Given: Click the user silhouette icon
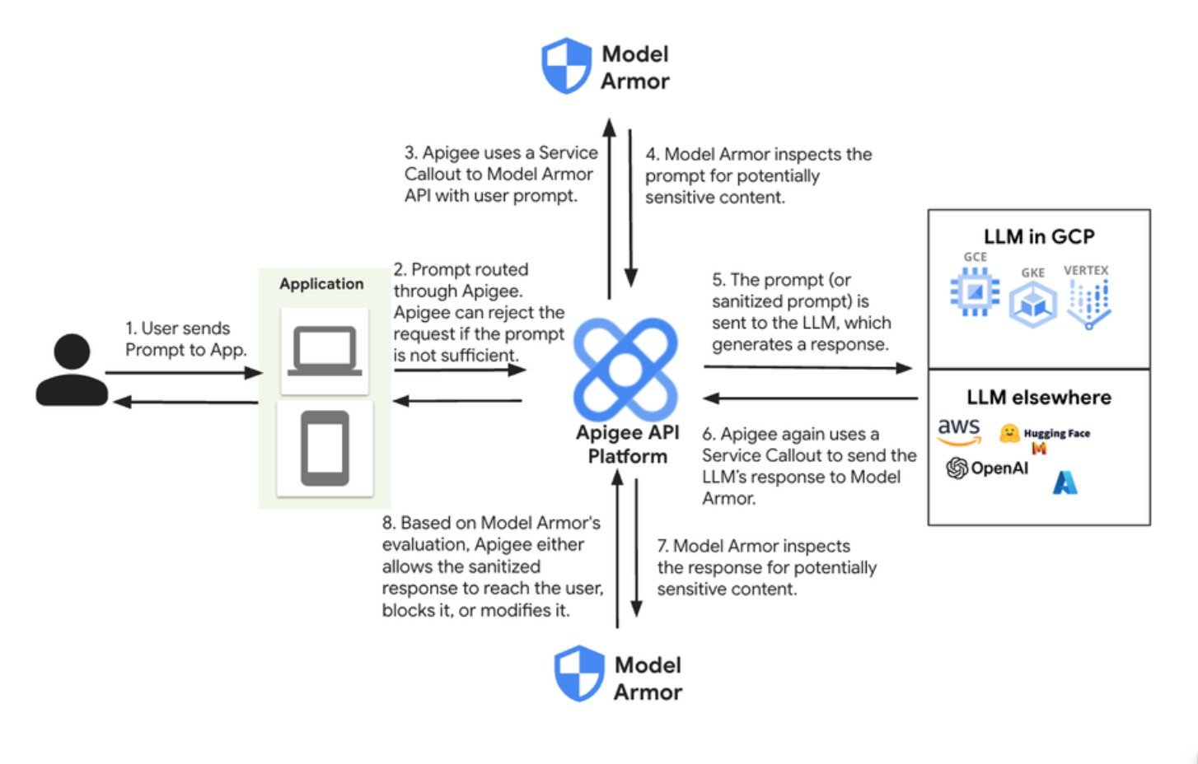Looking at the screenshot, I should pyautogui.click(x=73, y=370).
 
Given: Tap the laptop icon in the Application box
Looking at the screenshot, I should pyautogui.click(x=325, y=351).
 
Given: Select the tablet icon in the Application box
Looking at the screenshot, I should pyautogui.click(x=325, y=449).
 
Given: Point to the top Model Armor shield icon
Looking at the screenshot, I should pyautogui.click(x=566, y=66).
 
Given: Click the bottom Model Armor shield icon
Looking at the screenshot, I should pyautogui.click(x=579, y=673).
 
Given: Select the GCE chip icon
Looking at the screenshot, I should pyautogui.click(x=975, y=291).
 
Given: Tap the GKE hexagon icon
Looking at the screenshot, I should pyautogui.click(x=1032, y=303).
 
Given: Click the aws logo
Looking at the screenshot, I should pyautogui.click(x=959, y=431).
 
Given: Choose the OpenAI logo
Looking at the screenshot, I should pyautogui.click(x=987, y=468).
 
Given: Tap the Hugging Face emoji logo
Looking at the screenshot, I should pyautogui.click(x=1009, y=433).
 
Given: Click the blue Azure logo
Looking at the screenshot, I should pyautogui.click(x=1065, y=482).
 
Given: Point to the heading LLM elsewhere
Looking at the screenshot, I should pyautogui.click(x=1038, y=398).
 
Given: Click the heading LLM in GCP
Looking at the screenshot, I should pyautogui.click(x=1038, y=237).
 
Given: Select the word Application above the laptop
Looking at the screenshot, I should pyautogui.click(x=321, y=284).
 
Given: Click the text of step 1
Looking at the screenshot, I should pyautogui.click(x=185, y=339).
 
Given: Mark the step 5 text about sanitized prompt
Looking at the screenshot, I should pyautogui.click(x=801, y=312).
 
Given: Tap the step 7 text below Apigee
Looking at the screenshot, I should pyautogui.click(x=766, y=567).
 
